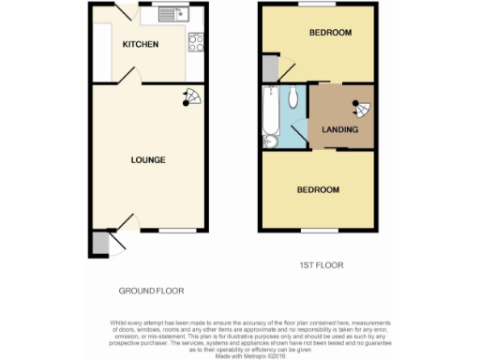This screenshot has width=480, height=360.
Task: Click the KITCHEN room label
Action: tap(140, 45)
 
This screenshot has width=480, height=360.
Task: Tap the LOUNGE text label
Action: tap(148, 159)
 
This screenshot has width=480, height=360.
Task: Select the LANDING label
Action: tap(338, 129)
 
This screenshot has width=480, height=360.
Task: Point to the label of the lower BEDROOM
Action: tap(318, 190)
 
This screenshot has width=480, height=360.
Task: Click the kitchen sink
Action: tap(172, 14)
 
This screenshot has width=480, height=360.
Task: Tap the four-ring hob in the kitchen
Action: tap(197, 41)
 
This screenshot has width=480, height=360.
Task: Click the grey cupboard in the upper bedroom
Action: tap(270, 68)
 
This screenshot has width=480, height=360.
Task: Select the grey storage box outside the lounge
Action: tap(99, 242)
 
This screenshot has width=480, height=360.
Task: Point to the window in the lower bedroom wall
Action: tap(319, 230)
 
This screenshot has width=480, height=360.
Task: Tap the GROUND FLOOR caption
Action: tap(151, 291)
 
